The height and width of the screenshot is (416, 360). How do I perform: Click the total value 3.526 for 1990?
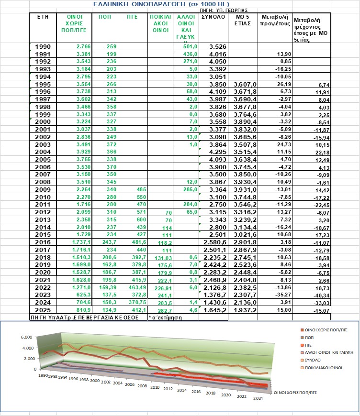[x=215, y=46]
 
